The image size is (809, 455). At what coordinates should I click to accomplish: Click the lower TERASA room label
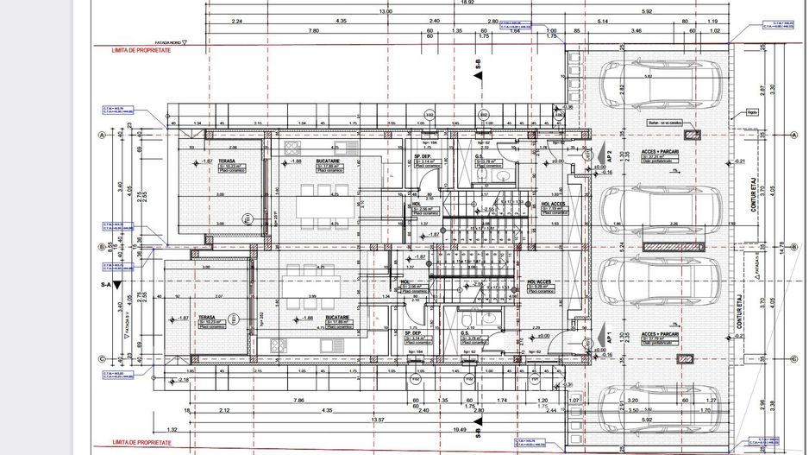pos(206,317)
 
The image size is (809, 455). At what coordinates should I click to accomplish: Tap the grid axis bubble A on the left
pos(102,136)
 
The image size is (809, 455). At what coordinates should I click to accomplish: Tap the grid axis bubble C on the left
pos(102,360)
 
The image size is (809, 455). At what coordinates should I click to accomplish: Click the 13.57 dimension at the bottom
pos(377,420)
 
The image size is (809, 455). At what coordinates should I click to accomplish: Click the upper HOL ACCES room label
pos(553,204)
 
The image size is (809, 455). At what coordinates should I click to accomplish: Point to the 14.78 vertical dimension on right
pos(782,248)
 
